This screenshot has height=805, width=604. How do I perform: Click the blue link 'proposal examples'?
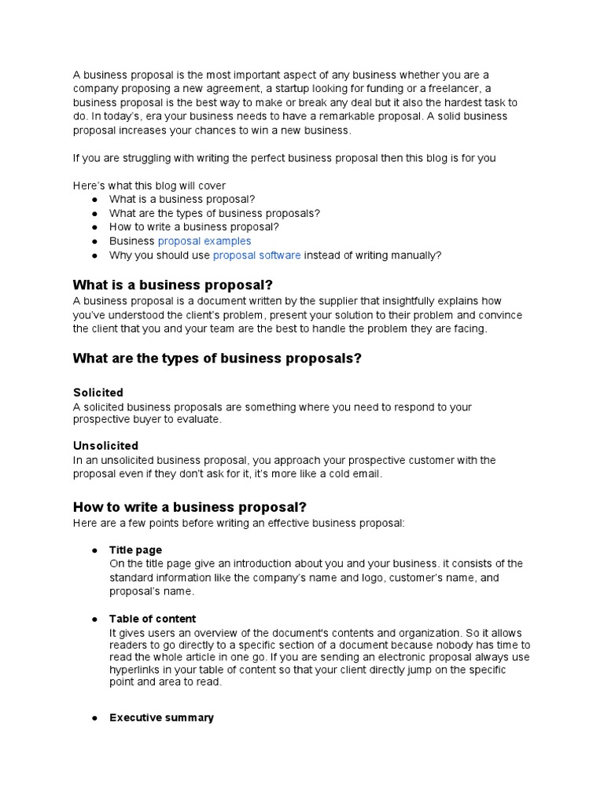pos(204,241)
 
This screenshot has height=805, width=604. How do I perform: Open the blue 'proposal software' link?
pos(256,255)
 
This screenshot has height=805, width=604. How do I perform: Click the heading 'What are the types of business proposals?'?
pos(217,358)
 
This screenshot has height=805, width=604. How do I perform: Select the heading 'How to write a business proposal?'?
pos(190,506)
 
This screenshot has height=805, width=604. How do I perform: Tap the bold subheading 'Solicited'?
pos(98,392)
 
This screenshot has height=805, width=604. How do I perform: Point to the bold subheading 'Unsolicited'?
pos(105,446)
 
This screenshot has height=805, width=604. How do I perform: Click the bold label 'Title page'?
pos(135,550)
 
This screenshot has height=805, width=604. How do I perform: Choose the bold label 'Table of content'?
pos(153,619)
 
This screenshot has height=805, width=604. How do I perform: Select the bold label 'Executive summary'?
pos(161,718)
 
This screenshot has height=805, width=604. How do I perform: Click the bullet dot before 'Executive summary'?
pos(94,718)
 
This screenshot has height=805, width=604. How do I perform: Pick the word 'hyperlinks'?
pos(135,670)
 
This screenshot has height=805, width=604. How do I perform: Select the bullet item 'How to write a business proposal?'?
pos(193,227)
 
